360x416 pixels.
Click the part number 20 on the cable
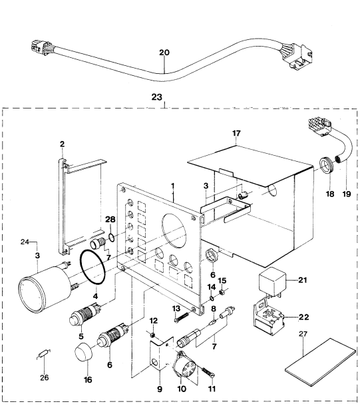(164, 53)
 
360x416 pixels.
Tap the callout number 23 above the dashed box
(157, 97)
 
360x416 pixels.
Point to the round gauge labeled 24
(45, 288)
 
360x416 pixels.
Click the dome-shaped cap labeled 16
(84, 352)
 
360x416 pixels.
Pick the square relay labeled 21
(272, 280)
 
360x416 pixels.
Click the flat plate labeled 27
(320, 361)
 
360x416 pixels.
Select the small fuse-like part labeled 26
(43, 354)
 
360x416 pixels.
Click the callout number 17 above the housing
(236, 133)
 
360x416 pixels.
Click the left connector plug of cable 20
(39, 49)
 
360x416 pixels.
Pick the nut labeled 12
(152, 335)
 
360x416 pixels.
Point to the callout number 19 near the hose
(347, 194)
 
